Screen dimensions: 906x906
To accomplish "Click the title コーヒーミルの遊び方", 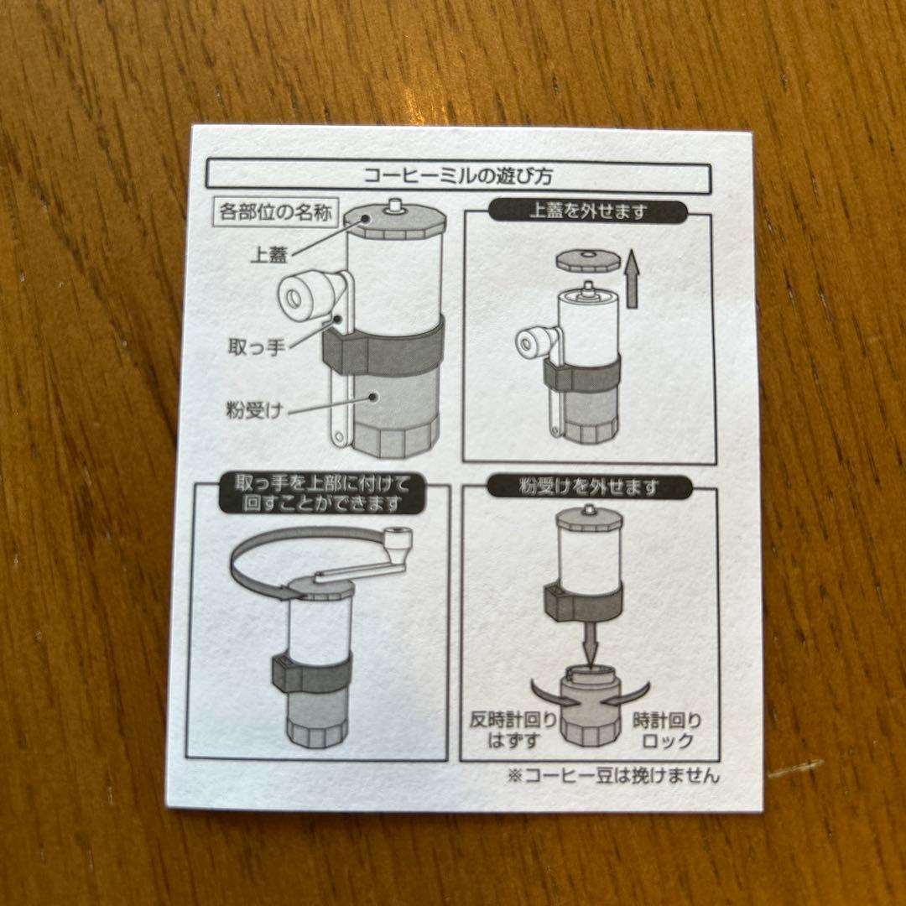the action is (x=458, y=175).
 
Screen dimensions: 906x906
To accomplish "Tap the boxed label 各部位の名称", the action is (x=275, y=212).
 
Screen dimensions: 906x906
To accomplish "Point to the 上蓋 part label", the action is (x=268, y=254).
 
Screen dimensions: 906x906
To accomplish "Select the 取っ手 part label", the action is (x=257, y=346).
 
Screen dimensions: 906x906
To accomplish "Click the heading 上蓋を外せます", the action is (x=588, y=211).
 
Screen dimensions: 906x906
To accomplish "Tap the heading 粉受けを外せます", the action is (x=590, y=487).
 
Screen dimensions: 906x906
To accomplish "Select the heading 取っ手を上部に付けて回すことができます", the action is (x=322, y=493).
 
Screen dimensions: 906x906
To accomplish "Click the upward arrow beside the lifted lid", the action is (x=633, y=279).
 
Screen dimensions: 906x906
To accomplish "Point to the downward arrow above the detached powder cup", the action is (x=589, y=643).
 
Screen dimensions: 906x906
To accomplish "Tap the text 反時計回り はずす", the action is (x=513, y=730).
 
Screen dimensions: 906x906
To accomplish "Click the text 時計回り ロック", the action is (x=668, y=731).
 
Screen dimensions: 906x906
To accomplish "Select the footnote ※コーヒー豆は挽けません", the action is (x=613, y=775).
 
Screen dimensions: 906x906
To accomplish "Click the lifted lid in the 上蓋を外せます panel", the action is (x=585, y=259).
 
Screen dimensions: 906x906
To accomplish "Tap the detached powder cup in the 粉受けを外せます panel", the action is (x=590, y=707).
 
